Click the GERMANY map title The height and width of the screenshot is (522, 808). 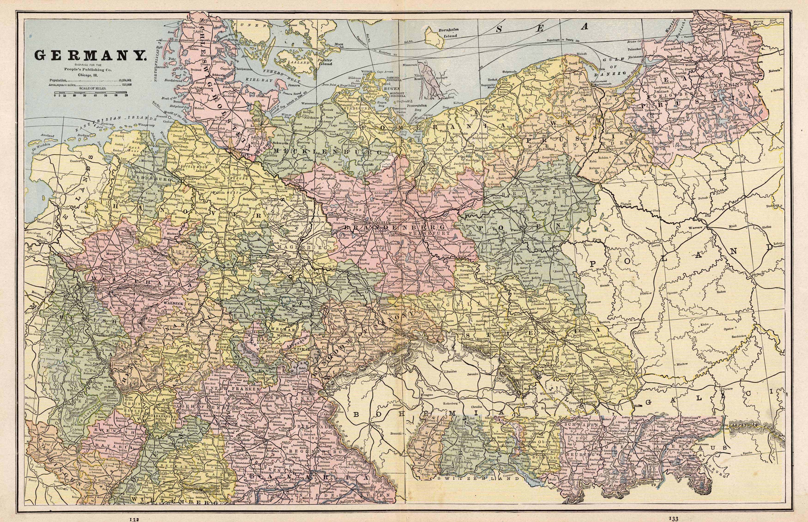90,55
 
